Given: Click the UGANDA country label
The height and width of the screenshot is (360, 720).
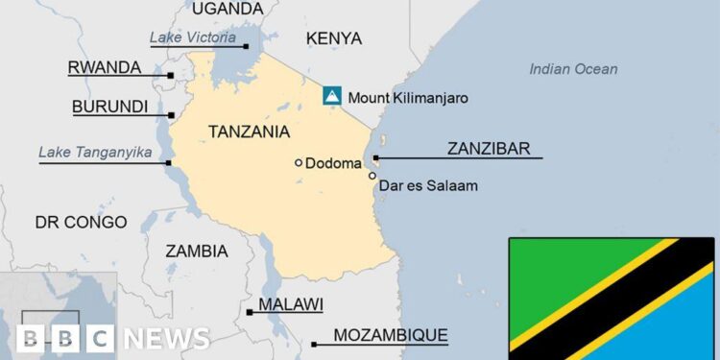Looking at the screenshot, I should pyautogui.click(x=228, y=9).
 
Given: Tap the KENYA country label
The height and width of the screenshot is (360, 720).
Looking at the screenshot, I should pyautogui.click(x=333, y=38).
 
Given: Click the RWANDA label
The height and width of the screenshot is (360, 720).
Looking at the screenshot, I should pyautogui.click(x=104, y=68).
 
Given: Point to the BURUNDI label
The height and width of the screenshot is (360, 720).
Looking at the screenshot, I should pyautogui.click(x=109, y=107).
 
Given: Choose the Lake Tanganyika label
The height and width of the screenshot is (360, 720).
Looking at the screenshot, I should pyautogui.click(x=95, y=152).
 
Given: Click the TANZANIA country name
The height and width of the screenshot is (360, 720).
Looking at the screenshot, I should pyautogui.click(x=251, y=131).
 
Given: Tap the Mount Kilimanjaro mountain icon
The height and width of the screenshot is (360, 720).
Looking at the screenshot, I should pyautogui.click(x=331, y=95).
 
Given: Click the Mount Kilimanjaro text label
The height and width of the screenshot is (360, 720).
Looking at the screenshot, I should pyautogui.click(x=408, y=96).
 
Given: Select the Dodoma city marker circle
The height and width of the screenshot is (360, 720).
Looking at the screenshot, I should pyautogui.click(x=299, y=163).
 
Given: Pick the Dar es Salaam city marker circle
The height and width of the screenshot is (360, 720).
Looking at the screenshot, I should pyautogui.click(x=372, y=176).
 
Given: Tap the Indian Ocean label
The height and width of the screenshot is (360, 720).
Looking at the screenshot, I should pyautogui.click(x=573, y=69).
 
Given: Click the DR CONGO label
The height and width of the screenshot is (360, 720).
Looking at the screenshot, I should pyautogui.click(x=81, y=223).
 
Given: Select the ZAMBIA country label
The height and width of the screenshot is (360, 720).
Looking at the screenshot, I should pyautogui.click(x=197, y=252).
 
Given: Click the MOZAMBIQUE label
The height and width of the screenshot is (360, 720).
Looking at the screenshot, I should pyautogui.click(x=390, y=335).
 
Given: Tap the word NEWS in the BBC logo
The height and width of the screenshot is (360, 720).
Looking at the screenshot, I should pyautogui.click(x=166, y=338).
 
